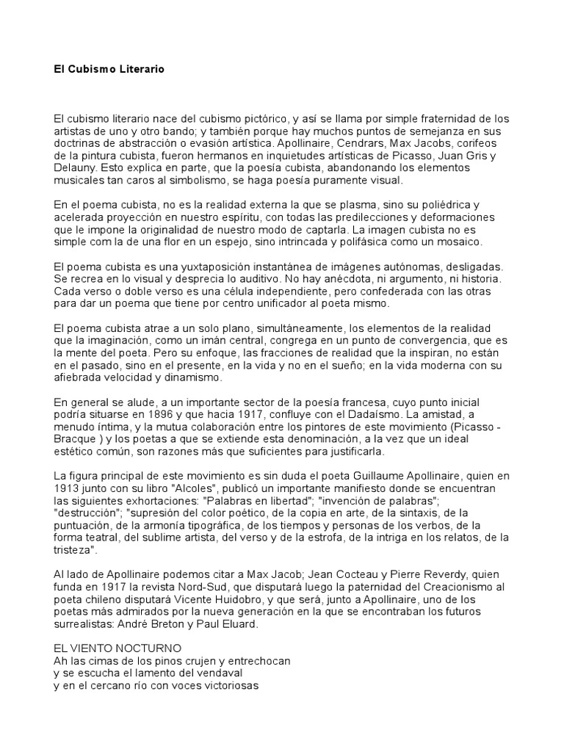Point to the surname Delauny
pyautogui.click(x=74, y=168)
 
